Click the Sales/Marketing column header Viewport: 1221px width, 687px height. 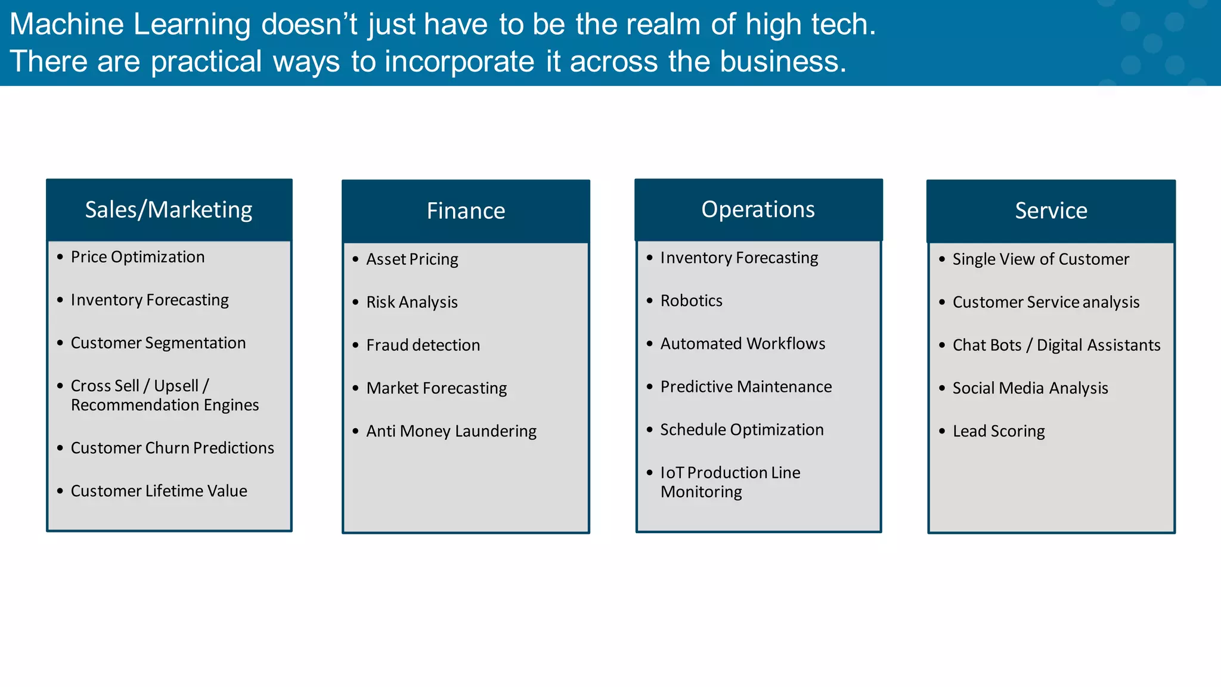click(169, 210)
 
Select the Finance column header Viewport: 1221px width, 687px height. click(466, 211)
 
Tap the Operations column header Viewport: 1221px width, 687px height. click(758, 210)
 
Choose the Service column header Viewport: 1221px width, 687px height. click(1051, 211)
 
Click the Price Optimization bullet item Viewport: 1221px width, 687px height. click(138, 257)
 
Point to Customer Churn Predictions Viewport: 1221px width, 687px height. click(172, 448)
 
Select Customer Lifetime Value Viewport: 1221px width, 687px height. click(159, 491)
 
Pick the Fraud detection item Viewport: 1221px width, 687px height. click(423, 345)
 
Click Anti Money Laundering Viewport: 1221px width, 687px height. click(451, 431)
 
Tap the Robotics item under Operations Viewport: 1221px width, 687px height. click(691, 301)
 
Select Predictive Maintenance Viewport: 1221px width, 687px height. click(746, 387)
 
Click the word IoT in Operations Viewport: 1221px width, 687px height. click(672, 473)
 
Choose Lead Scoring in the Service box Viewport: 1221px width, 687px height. click(999, 431)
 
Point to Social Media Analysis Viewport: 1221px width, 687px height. click(1030, 388)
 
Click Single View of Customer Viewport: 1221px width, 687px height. click(1040, 259)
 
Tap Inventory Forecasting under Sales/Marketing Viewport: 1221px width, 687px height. click(150, 300)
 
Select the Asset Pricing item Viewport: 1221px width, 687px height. click(412, 259)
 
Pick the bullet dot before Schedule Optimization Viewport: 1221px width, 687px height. click(650, 429)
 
